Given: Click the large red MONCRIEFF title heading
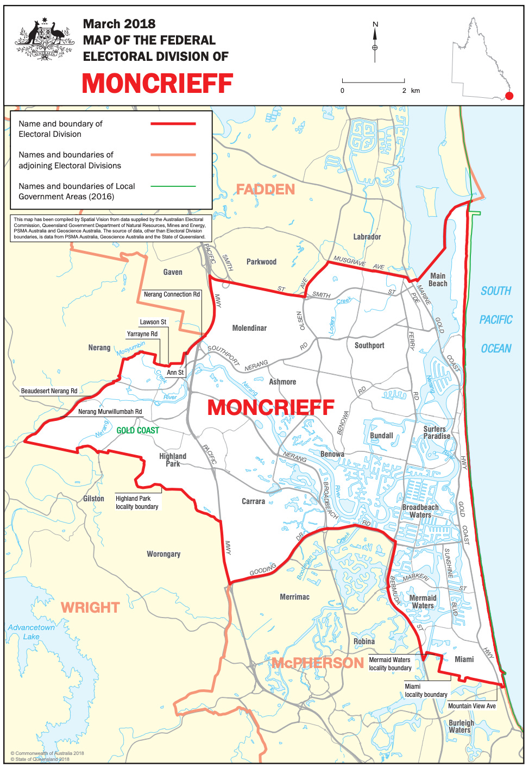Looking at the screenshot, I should pyautogui.click(x=158, y=84).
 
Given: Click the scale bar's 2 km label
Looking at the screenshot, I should pyautogui.click(x=404, y=91).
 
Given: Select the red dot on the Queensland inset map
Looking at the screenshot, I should pyautogui.click(x=509, y=96).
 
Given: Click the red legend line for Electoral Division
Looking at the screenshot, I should pyautogui.click(x=173, y=124).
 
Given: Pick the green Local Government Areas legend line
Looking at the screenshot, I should pyautogui.click(x=173, y=186).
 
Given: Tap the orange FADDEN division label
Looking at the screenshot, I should pyautogui.click(x=265, y=190).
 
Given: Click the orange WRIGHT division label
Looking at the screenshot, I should pyautogui.click(x=90, y=607).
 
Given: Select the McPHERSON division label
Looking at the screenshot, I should pyautogui.click(x=318, y=663).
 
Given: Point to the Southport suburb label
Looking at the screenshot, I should pyautogui.click(x=369, y=345).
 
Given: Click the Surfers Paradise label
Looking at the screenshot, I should pyautogui.click(x=437, y=432).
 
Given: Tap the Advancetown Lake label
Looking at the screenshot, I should pyautogui.click(x=31, y=632).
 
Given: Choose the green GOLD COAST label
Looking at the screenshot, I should pyautogui.click(x=138, y=430).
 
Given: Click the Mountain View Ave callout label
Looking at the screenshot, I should pyautogui.click(x=471, y=706).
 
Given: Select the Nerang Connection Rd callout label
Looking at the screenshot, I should pyautogui.click(x=172, y=294).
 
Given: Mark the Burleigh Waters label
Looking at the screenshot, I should pyautogui.click(x=461, y=726).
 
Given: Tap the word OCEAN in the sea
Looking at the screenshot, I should pyautogui.click(x=496, y=349).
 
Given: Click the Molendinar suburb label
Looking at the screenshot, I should pyautogui.click(x=249, y=328).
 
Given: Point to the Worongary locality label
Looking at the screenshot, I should pyautogui.click(x=163, y=554).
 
